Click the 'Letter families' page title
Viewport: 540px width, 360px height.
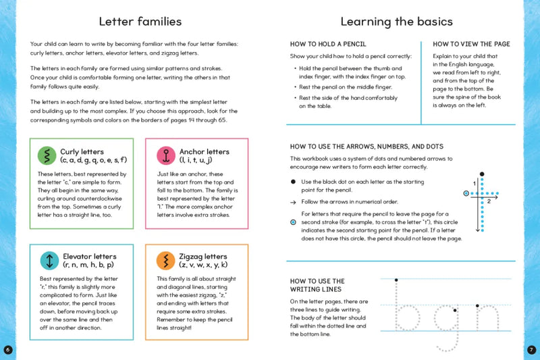click(139, 21)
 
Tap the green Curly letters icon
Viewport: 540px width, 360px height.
click(47, 156)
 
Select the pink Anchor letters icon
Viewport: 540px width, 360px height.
click(165, 156)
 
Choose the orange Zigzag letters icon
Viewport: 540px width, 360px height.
click(165, 261)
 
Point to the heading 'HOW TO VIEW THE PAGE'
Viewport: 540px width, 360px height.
click(471, 44)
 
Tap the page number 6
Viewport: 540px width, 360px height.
click(7, 349)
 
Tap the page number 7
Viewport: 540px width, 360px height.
click(531, 349)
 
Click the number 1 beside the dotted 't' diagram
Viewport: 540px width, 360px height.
click(474, 183)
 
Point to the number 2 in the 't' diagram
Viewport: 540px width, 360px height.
click(488, 201)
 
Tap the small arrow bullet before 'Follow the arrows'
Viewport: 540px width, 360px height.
click(293, 201)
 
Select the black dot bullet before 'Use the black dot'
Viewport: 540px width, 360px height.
click(293, 182)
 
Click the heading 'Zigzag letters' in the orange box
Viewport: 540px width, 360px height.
click(202, 257)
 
